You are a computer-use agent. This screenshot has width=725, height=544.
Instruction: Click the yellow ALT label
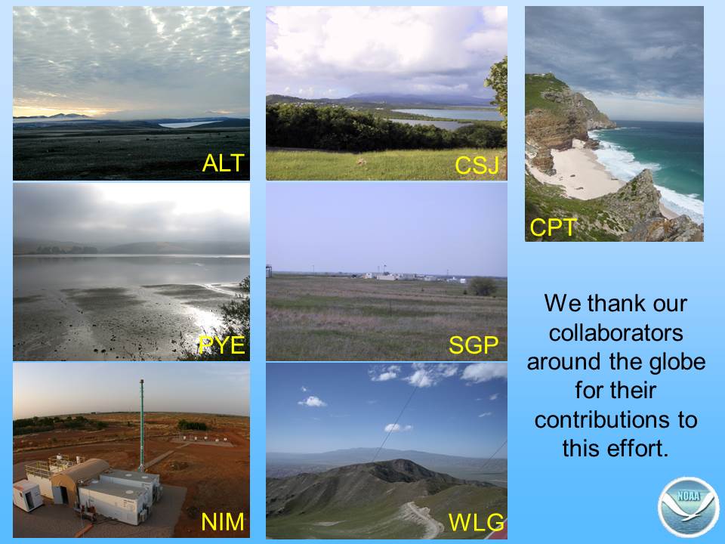coord(224,163)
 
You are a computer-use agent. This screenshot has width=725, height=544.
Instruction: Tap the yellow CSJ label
coord(477,165)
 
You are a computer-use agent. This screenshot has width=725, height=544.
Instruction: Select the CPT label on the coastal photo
coord(553,227)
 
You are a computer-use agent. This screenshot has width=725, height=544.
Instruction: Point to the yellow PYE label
coord(222,345)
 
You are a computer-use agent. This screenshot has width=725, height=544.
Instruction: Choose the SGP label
coord(474,345)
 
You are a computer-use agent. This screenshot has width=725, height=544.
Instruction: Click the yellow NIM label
coord(223,522)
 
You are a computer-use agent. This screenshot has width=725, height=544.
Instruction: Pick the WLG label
coord(477,522)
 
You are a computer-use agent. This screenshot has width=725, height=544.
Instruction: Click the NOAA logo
coord(689,507)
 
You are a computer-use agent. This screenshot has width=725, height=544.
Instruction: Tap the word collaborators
coord(616,332)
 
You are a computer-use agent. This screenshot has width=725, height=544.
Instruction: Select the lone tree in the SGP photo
coord(482,286)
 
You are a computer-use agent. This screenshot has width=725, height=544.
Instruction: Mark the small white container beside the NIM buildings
coord(28,495)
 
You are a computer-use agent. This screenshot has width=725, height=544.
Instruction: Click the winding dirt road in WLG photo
coord(423,519)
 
